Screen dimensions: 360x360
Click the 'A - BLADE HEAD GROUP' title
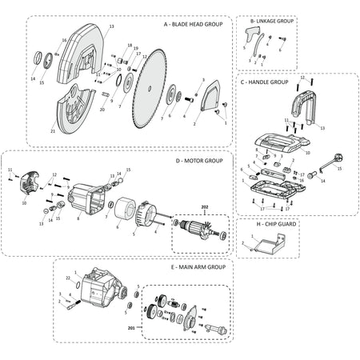pos(193,25)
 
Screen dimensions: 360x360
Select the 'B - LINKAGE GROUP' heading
pos(271,20)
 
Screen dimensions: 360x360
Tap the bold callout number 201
pos(132,326)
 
